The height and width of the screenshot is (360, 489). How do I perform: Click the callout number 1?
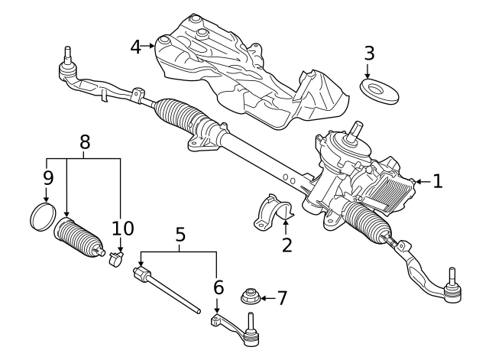tap(437, 181)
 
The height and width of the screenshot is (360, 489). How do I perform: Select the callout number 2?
tap(287, 245)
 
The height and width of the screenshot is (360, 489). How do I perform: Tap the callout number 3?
tap(369, 54)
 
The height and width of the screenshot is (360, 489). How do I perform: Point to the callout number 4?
tap(136, 47)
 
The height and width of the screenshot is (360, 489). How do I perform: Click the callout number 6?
tap(218, 287)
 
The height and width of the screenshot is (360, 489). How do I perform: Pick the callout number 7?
tap(281, 297)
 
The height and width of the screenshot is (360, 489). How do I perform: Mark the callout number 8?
tap(85, 141)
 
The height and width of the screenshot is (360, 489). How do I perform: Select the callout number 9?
tap(47, 179)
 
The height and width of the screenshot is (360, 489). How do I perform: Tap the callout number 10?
tap(122, 228)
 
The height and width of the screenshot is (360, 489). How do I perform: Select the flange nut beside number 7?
tap(249, 297)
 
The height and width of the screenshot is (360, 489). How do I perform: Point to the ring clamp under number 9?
tap(43, 216)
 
